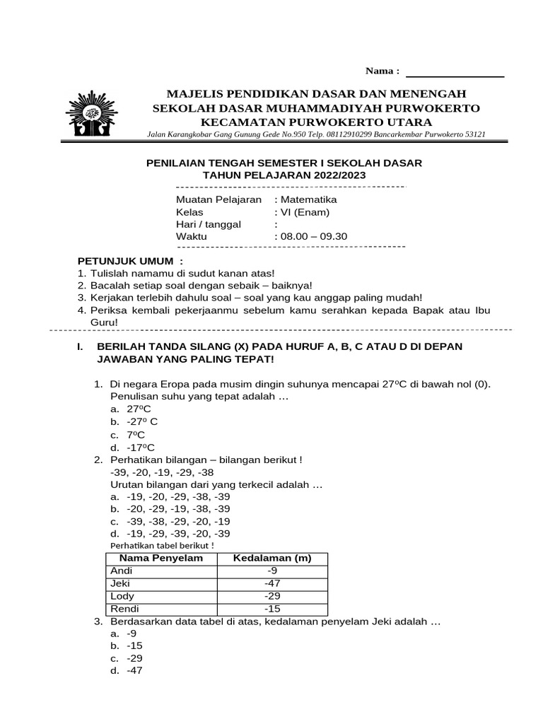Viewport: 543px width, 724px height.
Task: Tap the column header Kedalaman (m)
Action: [x=272, y=558]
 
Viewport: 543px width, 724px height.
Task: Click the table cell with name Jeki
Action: [x=120, y=583]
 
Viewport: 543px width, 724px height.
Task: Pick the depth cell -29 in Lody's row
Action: [x=272, y=596]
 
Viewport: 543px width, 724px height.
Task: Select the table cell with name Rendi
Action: [x=124, y=608]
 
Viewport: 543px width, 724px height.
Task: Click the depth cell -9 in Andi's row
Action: [x=272, y=571]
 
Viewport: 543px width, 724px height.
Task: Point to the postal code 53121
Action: [x=472, y=134]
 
